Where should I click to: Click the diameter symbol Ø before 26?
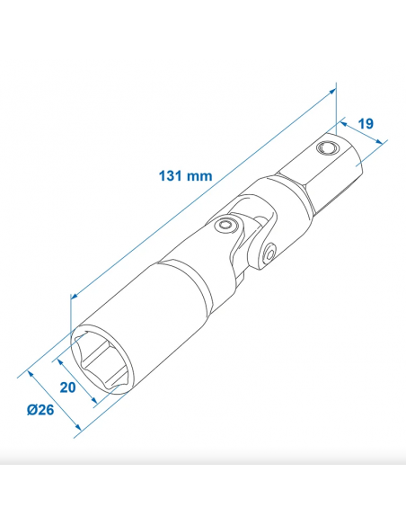(x=31, y=411)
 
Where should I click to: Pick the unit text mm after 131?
(x=199, y=175)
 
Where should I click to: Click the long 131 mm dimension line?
(x=202, y=191)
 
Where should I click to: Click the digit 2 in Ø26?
(x=41, y=411)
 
